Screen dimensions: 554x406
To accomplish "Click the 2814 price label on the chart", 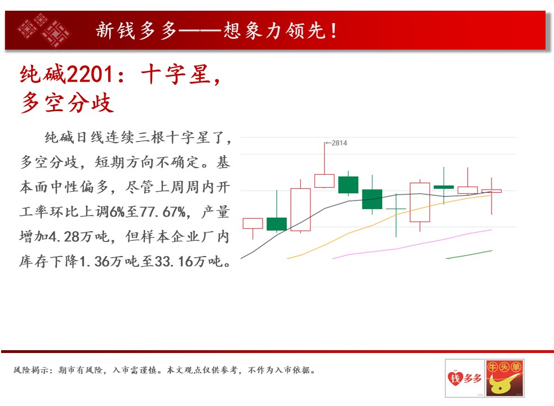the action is tap(339, 143).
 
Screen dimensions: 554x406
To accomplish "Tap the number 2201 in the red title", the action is tap(90, 74).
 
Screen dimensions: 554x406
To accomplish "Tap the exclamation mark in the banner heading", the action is tap(334, 30).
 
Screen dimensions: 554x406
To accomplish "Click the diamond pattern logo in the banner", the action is tap(44, 30).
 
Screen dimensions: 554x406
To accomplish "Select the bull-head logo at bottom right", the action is tap(505, 378).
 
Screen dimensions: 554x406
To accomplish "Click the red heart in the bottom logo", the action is tap(455, 378).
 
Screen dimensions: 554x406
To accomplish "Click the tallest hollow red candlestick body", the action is tap(300, 209).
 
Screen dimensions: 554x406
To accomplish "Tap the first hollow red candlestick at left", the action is tap(252, 223).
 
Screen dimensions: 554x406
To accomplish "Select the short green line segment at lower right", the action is tap(469, 255).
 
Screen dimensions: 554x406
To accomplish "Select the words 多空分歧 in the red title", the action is tap(67, 103).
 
